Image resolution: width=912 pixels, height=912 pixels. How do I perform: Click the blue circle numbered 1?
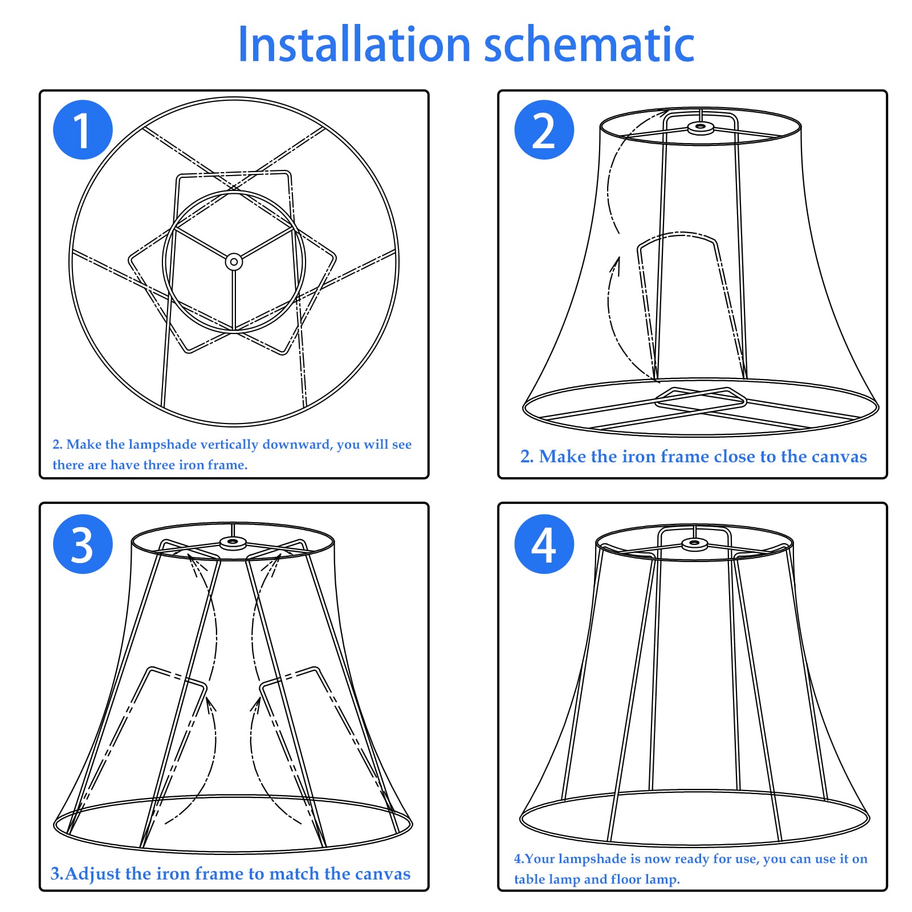83,129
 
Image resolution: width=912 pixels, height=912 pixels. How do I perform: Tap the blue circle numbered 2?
544,129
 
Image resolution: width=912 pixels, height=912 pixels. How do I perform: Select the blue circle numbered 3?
83,544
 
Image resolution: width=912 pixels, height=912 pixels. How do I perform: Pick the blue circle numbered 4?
544,544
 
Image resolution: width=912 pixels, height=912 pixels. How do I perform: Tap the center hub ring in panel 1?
234,262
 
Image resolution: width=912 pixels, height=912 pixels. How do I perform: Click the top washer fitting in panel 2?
701,128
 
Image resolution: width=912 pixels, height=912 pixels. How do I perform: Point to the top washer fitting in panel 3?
233,542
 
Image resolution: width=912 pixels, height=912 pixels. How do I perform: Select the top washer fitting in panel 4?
694,544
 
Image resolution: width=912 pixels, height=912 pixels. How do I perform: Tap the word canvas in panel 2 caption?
839,457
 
